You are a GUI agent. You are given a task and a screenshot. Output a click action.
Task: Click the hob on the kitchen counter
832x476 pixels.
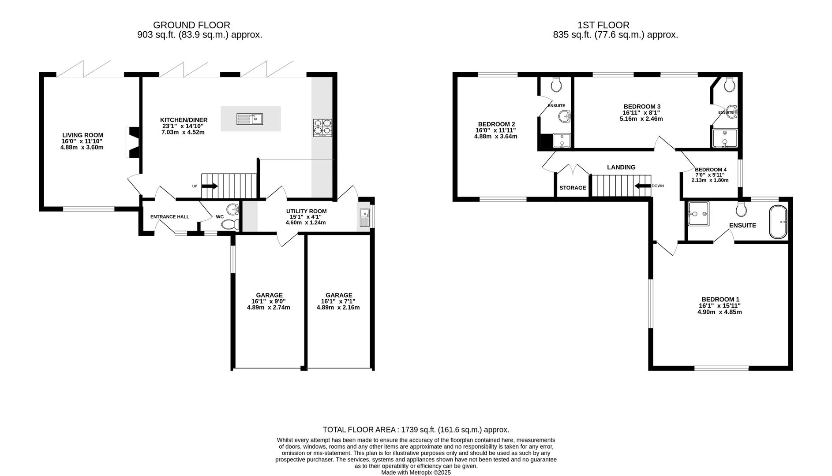(x=322, y=127)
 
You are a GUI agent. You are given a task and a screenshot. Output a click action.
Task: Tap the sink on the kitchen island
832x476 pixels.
(x=250, y=119)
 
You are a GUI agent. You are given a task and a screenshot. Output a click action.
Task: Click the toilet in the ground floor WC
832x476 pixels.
(x=229, y=225)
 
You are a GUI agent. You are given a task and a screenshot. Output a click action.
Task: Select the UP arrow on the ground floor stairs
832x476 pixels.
(x=209, y=186)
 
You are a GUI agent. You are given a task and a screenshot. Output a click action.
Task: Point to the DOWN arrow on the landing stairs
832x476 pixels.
(x=643, y=186)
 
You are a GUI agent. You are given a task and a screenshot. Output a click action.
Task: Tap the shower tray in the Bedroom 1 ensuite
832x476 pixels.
(x=698, y=214)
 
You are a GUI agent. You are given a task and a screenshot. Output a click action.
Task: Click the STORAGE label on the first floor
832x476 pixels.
(x=573, y=188)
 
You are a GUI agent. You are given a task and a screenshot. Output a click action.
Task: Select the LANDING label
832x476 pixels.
(x=621, y=167)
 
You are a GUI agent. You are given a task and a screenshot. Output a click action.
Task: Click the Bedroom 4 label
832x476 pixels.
(x=710, y=170)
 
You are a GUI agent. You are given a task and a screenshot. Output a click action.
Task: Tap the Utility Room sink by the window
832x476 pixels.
(x=364, y=218)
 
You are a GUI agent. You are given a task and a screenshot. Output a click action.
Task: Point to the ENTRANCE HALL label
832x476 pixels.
(x=169, y=217)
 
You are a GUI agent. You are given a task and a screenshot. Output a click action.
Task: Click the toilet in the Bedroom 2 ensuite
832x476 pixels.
(x=556, y=84)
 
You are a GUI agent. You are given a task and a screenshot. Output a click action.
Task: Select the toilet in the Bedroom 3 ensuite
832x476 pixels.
(x=729, y=84)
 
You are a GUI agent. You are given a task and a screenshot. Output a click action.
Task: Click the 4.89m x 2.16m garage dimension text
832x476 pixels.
(x=338, y=308)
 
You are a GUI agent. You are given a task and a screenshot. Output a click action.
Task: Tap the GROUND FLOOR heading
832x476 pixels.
(x=191, y=26)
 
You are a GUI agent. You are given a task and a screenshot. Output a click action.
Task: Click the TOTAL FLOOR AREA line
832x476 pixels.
(x=416, y=430)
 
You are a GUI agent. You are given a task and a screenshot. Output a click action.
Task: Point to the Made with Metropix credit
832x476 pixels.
(x=416, y=472)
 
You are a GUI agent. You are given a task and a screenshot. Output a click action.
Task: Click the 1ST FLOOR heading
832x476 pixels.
(x=603, y=26)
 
